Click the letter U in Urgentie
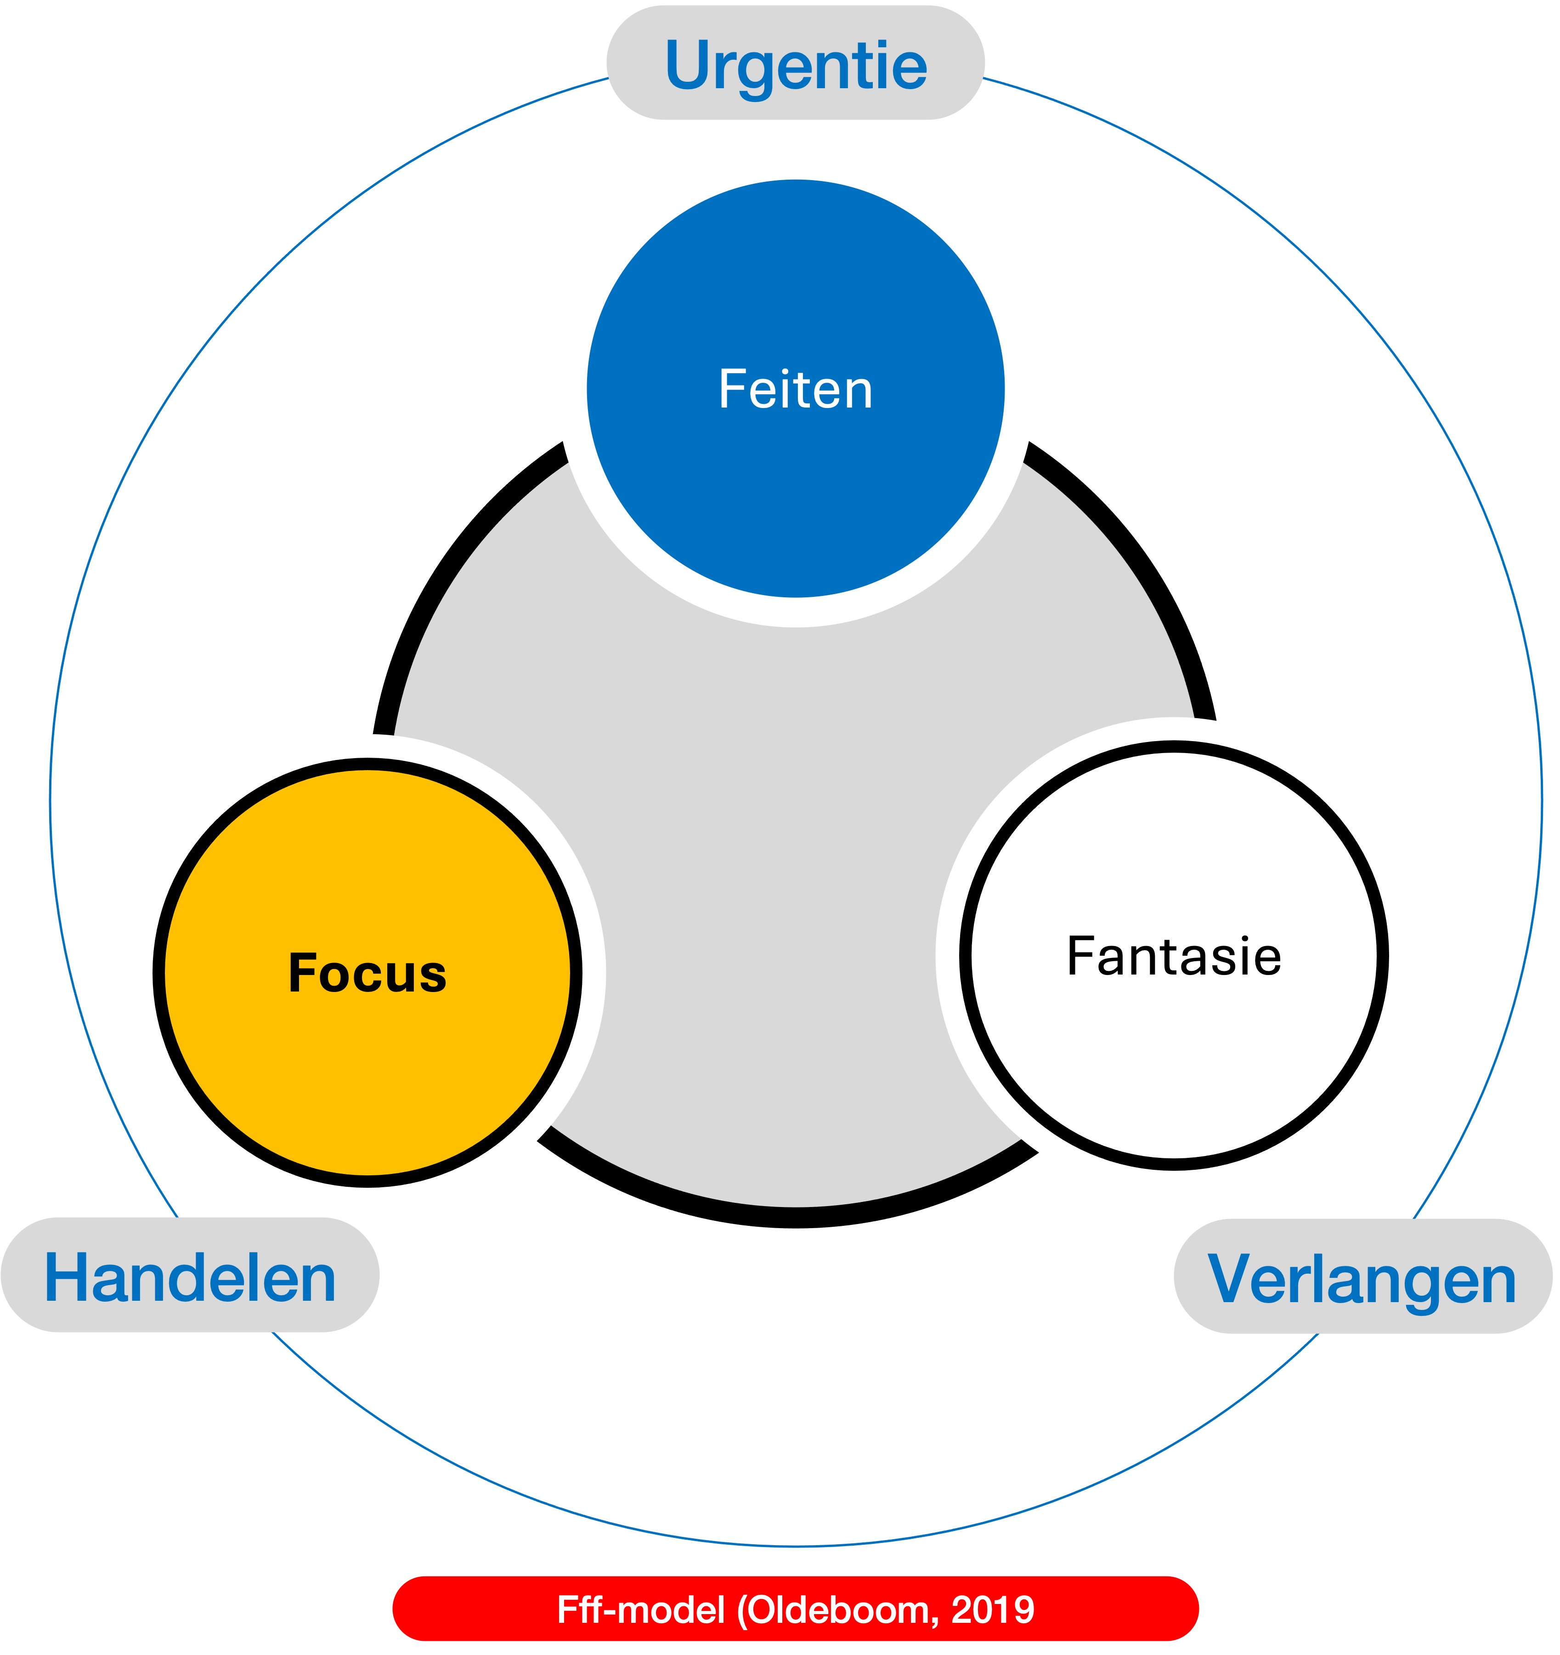(689, 65)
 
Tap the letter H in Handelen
(67, 1279)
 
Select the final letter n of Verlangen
(1496, 1283)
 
